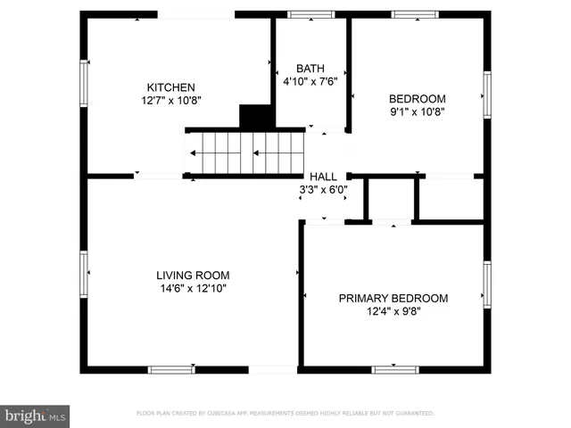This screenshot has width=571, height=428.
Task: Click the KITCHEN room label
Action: [x=170, y=87]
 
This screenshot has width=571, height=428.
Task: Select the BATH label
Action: [x=310, y=69]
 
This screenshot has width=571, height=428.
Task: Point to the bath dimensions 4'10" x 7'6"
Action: [x=310, y=81]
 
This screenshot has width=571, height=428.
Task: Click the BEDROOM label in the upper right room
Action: [x=417, y=99]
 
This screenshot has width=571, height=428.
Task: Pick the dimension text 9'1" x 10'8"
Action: [x=417, y=111]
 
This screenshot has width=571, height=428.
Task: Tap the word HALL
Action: [x=323, y=177]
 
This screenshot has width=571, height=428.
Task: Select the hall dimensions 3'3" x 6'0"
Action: [x=323, y=189]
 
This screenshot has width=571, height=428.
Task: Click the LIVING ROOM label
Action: [x=194, y=276]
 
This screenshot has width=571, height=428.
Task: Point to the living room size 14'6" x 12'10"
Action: [x=194, y=288]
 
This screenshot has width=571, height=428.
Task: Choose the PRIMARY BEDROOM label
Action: [x=393, y=299]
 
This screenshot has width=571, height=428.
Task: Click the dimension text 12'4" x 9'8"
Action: [x=393, y=311]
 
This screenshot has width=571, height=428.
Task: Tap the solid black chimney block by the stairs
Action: [x=256, y=118]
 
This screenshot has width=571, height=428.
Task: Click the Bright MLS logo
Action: [x=35, y=415]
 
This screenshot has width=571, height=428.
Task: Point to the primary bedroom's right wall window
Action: [x=487, y=284]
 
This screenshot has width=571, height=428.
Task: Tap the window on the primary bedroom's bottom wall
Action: [x=395, y=369]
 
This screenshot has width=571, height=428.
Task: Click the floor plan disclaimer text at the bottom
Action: [x=285, y=414]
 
